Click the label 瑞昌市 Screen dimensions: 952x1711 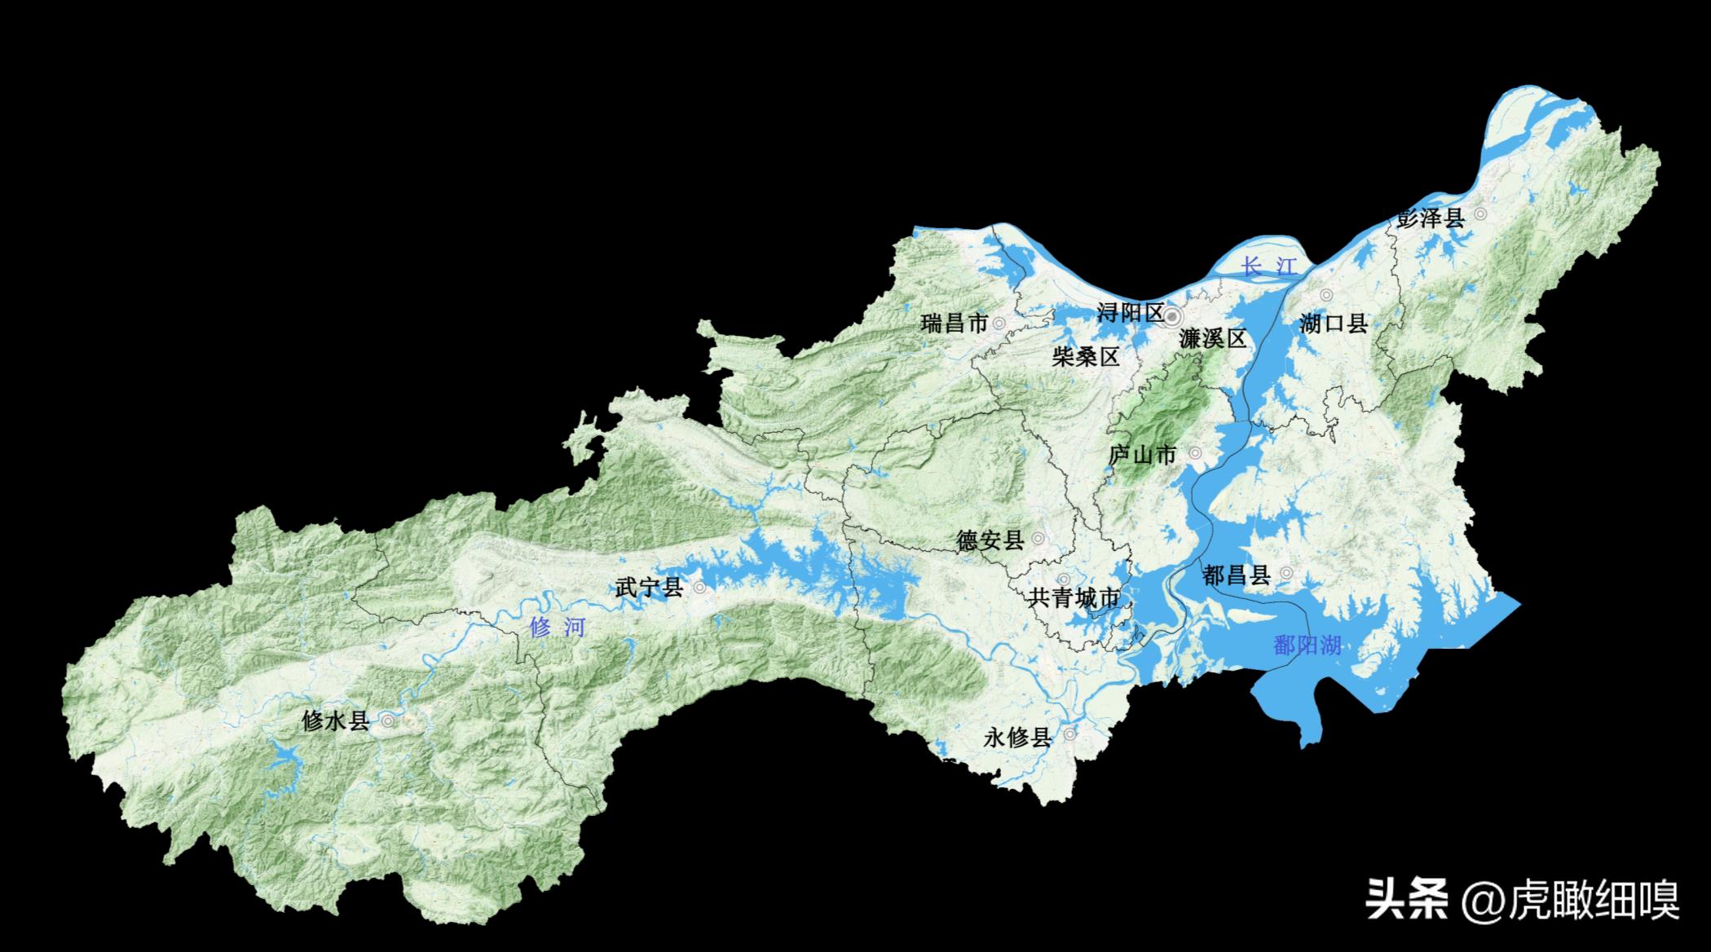(954, 324)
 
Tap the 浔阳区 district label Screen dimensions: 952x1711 (1130, 313)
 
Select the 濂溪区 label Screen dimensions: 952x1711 (1213, 339)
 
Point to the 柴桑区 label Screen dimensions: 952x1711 (1085, 356)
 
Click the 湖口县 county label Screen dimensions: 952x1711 (1333, 324)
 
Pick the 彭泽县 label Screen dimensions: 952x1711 (1430, 218)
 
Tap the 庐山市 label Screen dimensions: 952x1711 (1143, 455)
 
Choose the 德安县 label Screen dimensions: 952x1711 (990, 540)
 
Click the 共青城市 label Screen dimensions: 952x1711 (1074, 599)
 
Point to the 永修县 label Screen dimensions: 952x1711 (1018, 738)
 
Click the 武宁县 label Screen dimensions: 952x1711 (649, 588)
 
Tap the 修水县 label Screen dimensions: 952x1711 (335, 721)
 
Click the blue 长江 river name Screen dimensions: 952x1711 (1268, 267)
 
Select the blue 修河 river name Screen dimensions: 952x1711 (557, 628)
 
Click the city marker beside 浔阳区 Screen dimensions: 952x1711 (1173, 315)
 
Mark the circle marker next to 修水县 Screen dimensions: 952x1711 (388, 721)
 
